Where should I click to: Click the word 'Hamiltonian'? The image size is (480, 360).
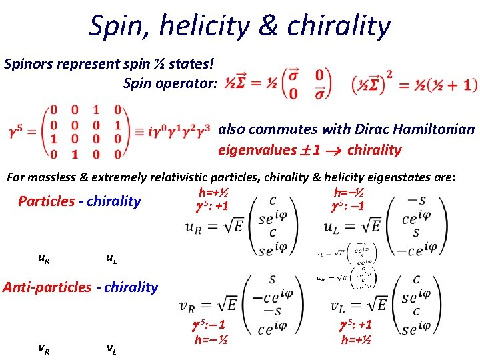(437, 129)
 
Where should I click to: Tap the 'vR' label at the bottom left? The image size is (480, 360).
(42, 347)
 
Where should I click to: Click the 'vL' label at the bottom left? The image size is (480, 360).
(113, 347)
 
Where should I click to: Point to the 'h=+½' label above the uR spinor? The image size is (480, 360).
(213, 192)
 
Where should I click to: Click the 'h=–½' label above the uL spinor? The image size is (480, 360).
(348, 192)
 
